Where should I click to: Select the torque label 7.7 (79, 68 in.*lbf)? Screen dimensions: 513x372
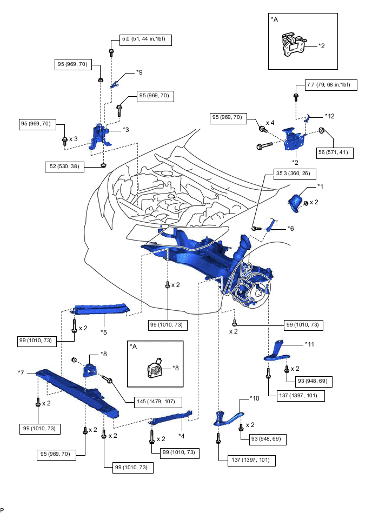point(328,85)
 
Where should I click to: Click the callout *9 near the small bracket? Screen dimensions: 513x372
point(139,72)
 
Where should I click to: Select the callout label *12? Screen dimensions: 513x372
point(330,116)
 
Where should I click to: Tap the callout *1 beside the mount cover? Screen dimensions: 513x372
point(321,186)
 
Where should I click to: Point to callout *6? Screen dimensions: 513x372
point(290,229)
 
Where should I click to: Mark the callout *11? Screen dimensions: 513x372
point(309,343)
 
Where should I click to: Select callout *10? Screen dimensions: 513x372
point(255,398)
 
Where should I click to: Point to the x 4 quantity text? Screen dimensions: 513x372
point(271,123)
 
